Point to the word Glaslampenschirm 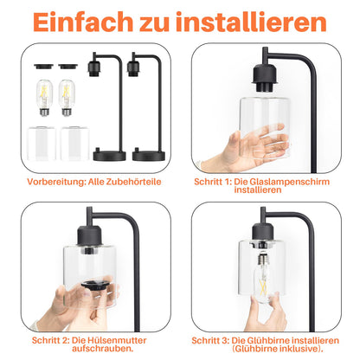(x=280, y=183)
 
